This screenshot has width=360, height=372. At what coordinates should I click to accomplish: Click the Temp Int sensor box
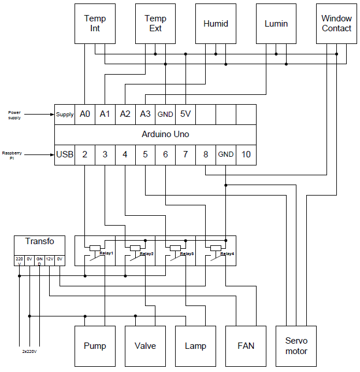[x=95, y=24]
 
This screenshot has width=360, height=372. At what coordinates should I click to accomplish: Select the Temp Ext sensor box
[x=155, y=24]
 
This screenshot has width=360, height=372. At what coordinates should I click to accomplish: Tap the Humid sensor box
[x=216, y=24]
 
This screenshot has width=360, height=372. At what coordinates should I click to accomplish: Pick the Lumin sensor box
[x=276, y=24]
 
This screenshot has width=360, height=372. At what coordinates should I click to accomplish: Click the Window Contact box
[x=336, y=24]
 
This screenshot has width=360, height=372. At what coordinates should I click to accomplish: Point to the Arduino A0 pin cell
[x=85, y=115]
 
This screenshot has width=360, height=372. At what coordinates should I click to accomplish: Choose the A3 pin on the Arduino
[x=145, y=115]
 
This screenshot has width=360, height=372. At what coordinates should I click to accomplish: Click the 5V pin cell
[x=185, y=115]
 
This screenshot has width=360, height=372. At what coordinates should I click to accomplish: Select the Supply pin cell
[x=65, y=115]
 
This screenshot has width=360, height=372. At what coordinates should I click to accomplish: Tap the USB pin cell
[x=65, y=154]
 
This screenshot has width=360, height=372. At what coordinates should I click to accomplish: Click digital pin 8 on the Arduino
[x=206, y=154]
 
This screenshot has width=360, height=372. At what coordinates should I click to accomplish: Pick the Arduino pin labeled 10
[x=246, y=154]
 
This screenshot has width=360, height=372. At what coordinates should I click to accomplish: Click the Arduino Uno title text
[x=165, y=134]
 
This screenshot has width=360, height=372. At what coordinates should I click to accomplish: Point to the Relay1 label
[x=106, y=253]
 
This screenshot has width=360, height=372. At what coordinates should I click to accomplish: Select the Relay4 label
[x=227, y=253]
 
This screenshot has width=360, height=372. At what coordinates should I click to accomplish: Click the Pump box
[x=95, y=346]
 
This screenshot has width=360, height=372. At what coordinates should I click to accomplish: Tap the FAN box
[x=246, y=346]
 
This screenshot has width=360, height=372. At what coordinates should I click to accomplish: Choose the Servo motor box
[x=296, y=346]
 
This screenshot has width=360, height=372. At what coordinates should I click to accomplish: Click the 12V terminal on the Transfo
[x=50, y=259]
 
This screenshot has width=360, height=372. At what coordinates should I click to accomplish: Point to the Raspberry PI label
[x=12, y=155]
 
